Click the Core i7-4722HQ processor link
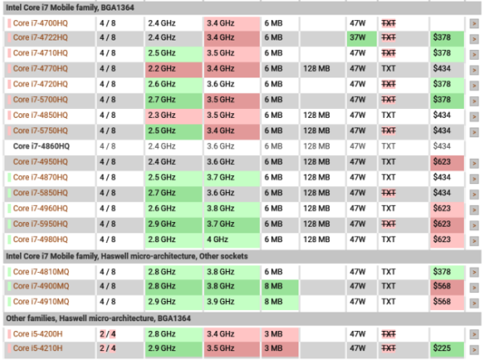click(x=41, y=37)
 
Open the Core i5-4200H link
click(x=40, y=333)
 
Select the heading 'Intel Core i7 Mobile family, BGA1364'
click(x=71, y=6)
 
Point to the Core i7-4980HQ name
click(x=41, y=240)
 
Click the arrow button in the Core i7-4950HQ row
click(x=474, y=162)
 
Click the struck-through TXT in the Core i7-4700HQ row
click(x=389, y=22)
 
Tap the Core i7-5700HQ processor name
click(x=41, y=100)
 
